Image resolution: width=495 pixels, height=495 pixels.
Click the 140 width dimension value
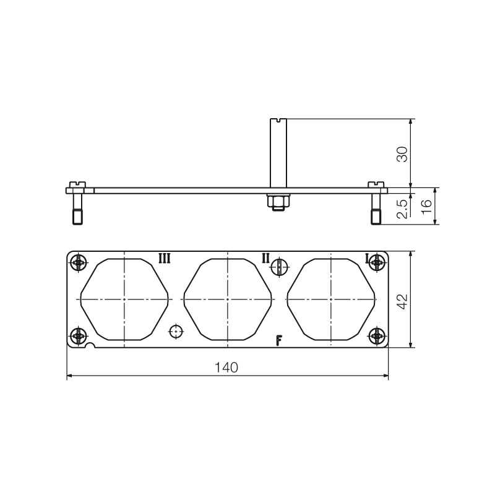(226, 368)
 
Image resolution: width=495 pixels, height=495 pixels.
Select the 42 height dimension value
(402, 301)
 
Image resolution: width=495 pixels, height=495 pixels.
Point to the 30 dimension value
(402, 153)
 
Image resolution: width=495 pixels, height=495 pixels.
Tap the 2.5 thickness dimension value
(402, 209)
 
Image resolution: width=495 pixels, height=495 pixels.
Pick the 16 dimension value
(426, 207)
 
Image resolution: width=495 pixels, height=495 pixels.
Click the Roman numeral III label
(165, 258)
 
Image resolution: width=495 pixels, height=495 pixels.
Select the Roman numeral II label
(265, 258)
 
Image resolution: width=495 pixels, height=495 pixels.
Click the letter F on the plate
(280, 340)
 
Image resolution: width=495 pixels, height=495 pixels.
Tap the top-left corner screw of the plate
(77, 263)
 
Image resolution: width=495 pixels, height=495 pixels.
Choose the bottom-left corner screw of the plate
(77, 336)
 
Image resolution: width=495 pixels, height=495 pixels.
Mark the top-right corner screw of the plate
(376, 263)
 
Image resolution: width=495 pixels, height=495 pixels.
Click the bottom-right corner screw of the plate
(376, 336)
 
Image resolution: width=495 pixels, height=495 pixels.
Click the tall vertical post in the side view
(278, 152)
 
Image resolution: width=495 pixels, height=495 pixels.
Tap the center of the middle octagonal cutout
(227, 299)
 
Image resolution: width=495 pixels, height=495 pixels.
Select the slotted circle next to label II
(280, 266)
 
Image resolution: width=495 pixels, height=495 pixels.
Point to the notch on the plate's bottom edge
(91, 346)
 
